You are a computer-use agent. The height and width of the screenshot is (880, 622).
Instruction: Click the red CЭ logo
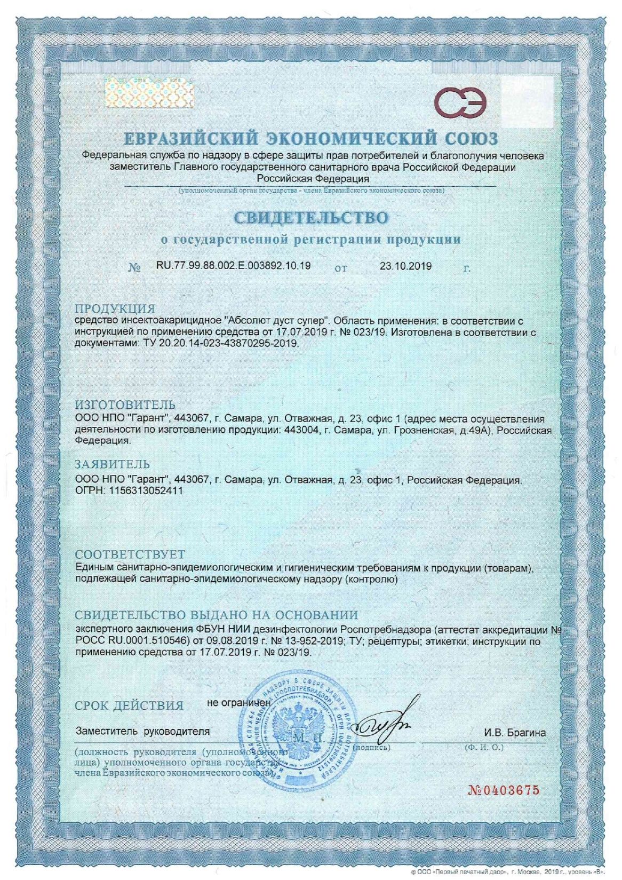(459, 102)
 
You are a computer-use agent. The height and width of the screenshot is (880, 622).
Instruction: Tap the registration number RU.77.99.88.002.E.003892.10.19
(234, 265)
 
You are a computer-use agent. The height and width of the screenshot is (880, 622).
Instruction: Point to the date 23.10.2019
(406, 266)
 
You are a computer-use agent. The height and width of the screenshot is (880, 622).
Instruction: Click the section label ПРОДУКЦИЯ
(115, 308)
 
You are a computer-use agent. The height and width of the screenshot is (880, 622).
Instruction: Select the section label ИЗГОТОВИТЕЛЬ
(125, 405)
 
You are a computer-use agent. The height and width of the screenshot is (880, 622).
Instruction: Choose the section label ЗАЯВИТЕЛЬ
(113, 464)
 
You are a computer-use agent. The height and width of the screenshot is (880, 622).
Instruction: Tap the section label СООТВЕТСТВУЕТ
(130, 554)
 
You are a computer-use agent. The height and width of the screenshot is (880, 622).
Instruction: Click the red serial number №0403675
(504, 790)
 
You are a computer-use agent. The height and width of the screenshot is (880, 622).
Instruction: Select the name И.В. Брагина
(515, 733)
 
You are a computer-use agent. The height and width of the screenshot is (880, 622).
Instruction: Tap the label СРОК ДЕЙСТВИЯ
(129, 705)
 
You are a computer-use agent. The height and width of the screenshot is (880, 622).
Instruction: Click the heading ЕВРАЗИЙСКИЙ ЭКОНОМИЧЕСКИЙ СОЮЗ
(311, 139)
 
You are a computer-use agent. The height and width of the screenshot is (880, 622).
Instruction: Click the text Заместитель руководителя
(142, 731)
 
